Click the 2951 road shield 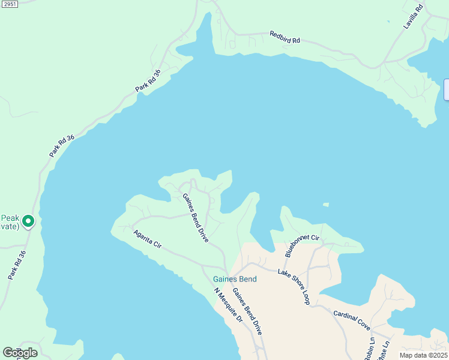click(x=9, y=4)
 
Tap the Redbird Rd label click(x=285, y=37)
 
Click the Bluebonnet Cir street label click(x=302, y=246)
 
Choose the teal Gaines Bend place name click(x=235, y=279)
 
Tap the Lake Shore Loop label click(x=294, y=287)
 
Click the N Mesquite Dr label click(x=228, y=305)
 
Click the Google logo click(x=20, y=352)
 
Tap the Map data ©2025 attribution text click(x=423, y=355)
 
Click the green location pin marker click(x=28, y=221)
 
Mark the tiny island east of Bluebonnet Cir click(x=325, y=205)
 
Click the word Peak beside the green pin click(x=10, y=218)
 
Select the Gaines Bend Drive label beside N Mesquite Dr click(x=247, y=311)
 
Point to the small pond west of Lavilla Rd click(x=388, y=22)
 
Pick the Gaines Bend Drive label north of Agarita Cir click(x=195, y=217)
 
